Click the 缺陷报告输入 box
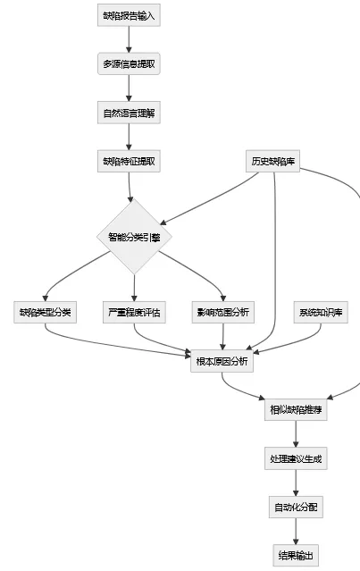[129, 16]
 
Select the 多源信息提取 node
[129, 64]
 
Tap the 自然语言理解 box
[129, 113]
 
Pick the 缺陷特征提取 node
[129, 162]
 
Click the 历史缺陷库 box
[274, 162]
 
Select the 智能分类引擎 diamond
[134, 237]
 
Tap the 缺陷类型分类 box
[46, 313]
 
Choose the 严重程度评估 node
[134, 313]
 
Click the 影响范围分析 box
[222, 313]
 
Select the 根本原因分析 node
[222, 361]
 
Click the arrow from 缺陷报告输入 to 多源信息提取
[129, 40]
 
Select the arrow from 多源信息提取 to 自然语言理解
[129, 88]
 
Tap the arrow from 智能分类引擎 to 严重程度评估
[134, 288]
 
